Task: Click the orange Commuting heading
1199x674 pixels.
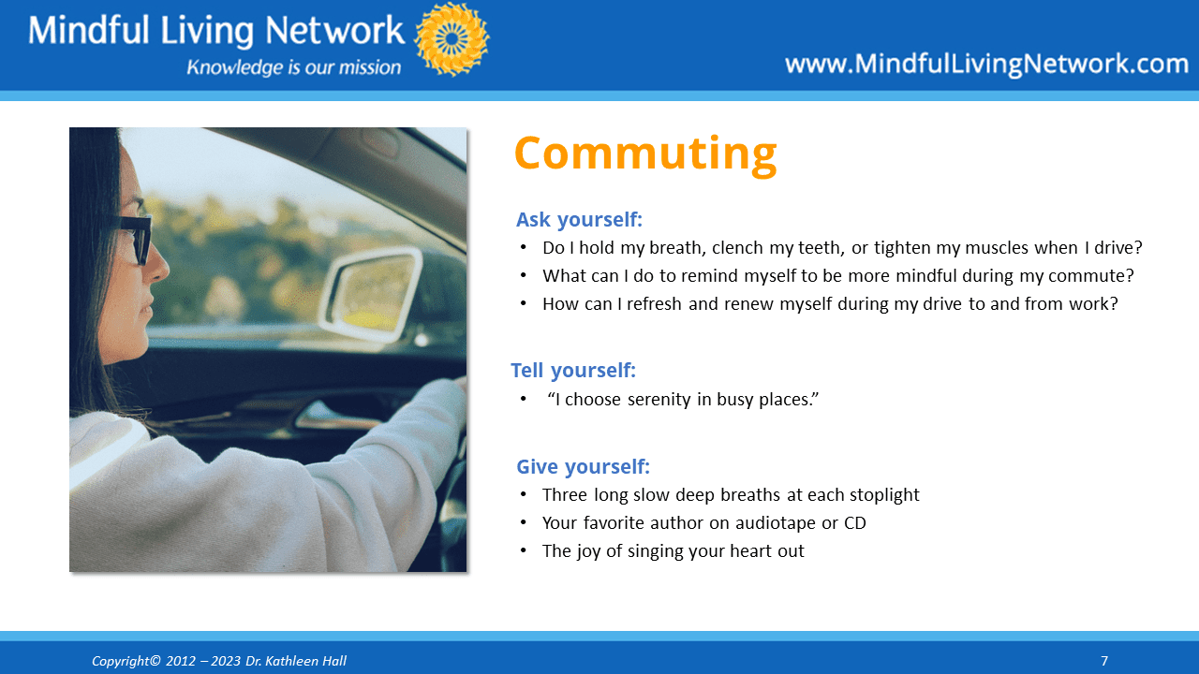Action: (x=645, y=154)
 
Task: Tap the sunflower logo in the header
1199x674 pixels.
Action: (x=451, y=39)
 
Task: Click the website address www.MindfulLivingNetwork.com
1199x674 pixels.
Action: (x=986, y=64)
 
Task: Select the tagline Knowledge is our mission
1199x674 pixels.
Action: (x=293, y=67)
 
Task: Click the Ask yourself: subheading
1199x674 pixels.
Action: (x=579, y=220)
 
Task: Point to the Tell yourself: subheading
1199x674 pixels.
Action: (x=573, y=370)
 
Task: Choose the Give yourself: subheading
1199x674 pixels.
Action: (x=583, y=467)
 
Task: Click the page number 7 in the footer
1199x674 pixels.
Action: (x=1104, y=661)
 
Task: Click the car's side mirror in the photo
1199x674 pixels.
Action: (x=369, y=295)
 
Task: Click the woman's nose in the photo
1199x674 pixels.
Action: (x=158, y=264)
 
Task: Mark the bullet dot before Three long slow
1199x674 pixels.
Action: (x=523, y=494)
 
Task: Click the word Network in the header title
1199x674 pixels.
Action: (x=334, y=30)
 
